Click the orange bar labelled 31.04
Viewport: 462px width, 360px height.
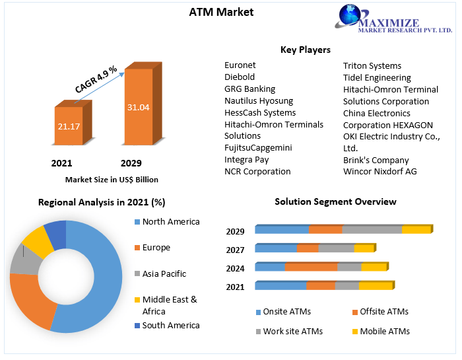pos(139,106)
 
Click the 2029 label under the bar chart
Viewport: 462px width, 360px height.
pos(131,163)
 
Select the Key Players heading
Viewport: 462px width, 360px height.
pos(306,50)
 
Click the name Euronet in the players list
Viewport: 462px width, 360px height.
pos(240,65)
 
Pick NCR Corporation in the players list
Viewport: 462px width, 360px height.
pos(257,172)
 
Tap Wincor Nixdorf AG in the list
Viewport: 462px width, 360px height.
pos(379,172)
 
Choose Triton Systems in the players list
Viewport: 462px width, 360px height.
pos(372,65)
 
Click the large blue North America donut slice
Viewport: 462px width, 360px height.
pos(99,277)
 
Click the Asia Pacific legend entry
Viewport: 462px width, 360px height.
pos(164,273)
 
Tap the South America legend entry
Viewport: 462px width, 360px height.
pos(170,325)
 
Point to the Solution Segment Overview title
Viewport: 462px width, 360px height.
pos(335,201)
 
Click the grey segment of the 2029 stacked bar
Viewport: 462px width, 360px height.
pos(372,229)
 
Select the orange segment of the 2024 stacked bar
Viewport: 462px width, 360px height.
pos(311,267)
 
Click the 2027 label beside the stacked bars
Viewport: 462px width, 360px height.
pos(236,250)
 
